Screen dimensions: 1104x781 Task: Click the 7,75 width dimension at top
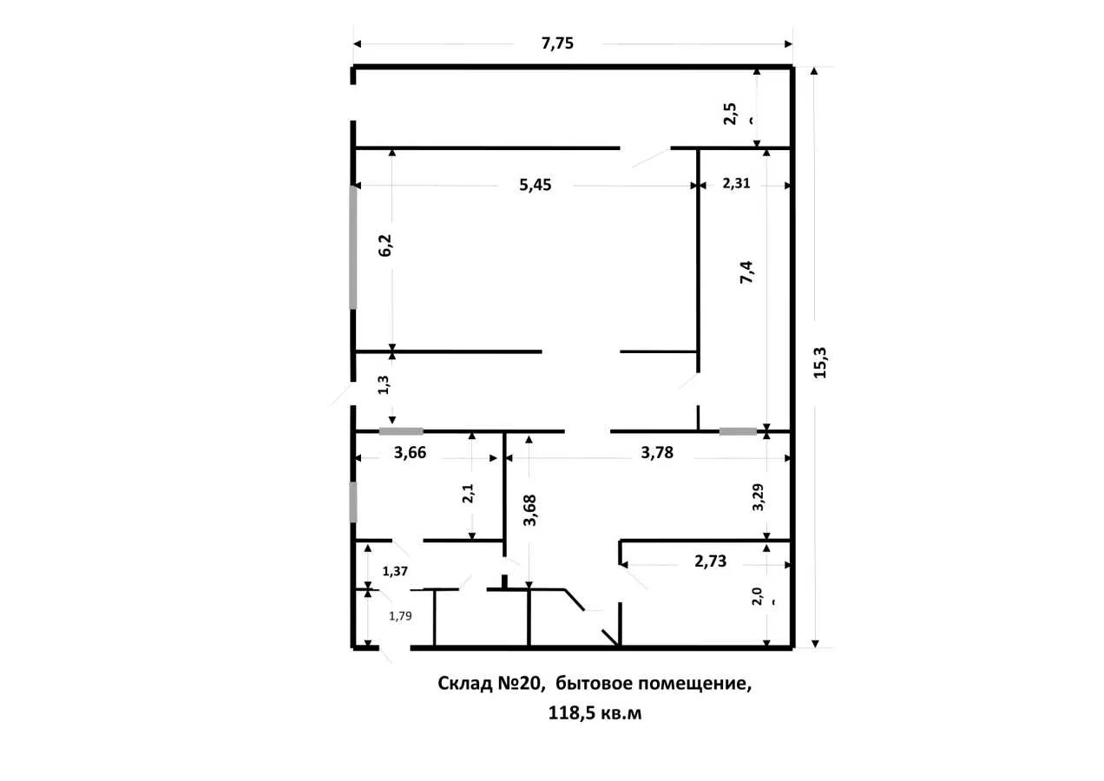point(557,43)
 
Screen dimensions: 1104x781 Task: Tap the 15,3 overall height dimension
point(819,363)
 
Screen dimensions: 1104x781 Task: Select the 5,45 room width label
point(536,185)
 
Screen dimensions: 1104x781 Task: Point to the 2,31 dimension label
point(736,183)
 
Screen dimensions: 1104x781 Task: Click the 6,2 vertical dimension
point(384,246)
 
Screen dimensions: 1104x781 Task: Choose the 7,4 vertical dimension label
point(746,272)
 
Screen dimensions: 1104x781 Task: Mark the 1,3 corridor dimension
point(384,384)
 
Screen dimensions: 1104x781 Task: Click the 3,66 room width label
point(410,452)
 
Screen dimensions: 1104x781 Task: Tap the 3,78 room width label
point(657,452)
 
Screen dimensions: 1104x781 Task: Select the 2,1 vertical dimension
point(468,493)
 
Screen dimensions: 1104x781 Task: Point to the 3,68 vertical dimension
point(529,510)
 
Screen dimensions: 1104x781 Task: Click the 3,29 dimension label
point(758,497)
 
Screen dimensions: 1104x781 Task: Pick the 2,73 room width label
point(710,561)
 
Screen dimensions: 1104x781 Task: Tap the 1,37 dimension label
point(395,571)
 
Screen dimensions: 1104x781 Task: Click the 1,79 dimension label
point(400,616)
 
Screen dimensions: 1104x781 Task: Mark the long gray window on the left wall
point(353,247)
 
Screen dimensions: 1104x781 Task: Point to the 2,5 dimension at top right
point(730,114)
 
